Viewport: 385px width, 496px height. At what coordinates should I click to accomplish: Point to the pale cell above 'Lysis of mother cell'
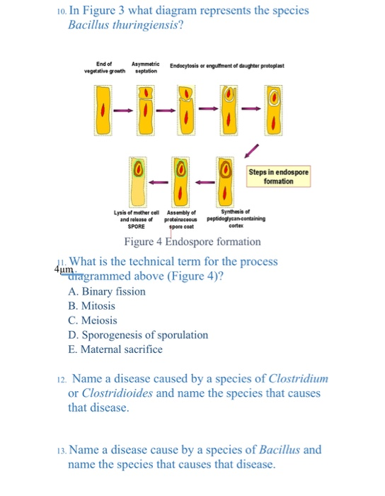[x=139, y=181]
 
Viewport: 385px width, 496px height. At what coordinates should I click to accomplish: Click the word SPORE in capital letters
[x=136, y=226]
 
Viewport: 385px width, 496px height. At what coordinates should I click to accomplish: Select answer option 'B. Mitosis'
[x=92, y=306]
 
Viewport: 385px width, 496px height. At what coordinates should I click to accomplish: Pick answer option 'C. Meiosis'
[x=93, y=320]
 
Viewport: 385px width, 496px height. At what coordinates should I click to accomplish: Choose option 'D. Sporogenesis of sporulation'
[x=139, y=334]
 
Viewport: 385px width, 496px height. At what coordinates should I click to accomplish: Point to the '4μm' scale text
[x=63, y=270]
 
